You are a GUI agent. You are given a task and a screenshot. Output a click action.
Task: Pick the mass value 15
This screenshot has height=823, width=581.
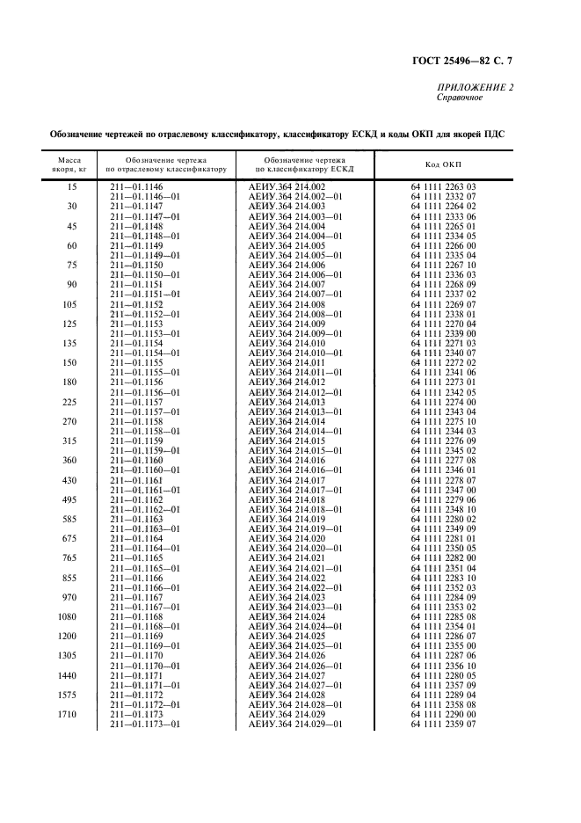[x=72, y=186]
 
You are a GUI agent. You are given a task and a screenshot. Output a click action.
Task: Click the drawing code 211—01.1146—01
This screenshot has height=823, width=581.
[x=144, y=196]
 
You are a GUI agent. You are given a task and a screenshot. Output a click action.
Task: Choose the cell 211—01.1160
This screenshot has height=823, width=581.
[x=134, y=460]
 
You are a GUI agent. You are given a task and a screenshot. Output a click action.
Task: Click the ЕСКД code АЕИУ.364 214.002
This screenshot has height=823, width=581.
[x=287, y=186]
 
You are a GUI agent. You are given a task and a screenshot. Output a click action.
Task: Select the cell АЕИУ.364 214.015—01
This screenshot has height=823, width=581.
[x=296, y=450]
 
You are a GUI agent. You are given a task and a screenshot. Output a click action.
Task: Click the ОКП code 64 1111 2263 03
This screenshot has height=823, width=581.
[x=443, y=186]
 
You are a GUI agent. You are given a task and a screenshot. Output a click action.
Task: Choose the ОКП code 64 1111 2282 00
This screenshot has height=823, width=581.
[x=443, y=557]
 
